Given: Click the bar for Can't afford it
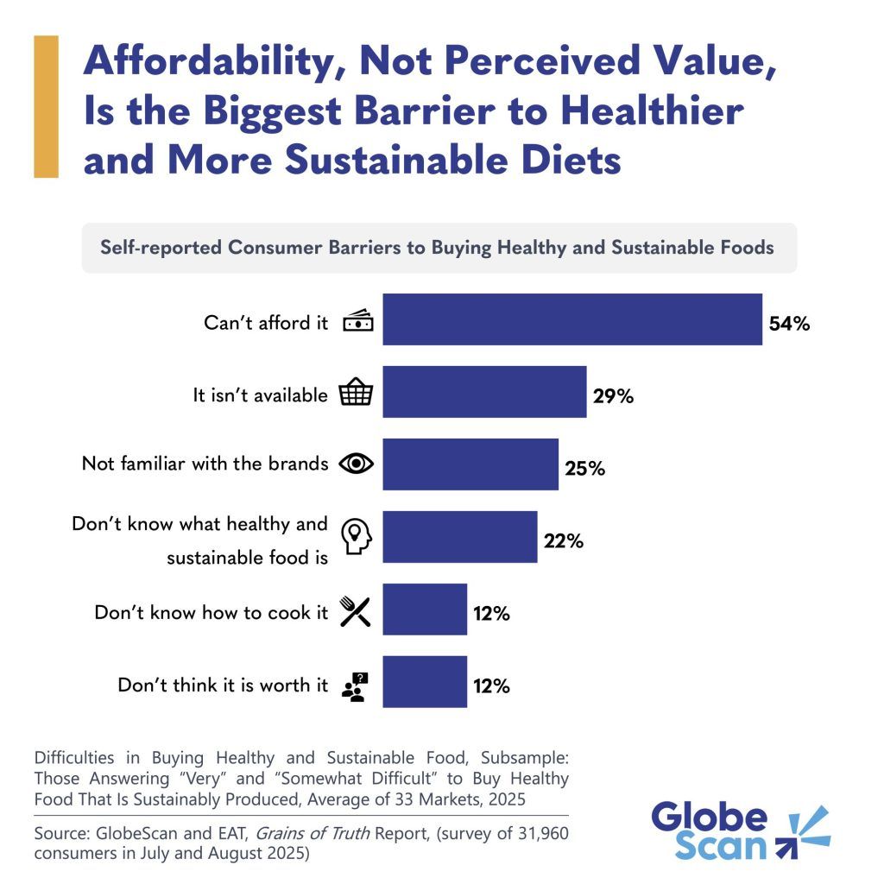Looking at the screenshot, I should (572, 319).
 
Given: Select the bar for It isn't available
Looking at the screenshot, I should (484, 392).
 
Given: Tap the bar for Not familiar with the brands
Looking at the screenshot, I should (470, 464).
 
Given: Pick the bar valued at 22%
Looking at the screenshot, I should (459, 537).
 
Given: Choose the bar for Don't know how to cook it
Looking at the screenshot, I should (425, 609).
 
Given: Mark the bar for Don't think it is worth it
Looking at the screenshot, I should (425, 682).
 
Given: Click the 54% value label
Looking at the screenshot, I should (789, 325).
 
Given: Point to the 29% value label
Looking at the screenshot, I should (614, 397).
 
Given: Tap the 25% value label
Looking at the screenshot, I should (585, 470).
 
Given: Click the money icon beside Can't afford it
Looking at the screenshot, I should (358, 322).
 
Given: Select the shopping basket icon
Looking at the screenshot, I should (357, 394).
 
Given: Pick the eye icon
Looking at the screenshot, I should (357, 464).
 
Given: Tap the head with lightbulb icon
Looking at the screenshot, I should (357, 537).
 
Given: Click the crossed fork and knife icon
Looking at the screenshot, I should (356, 611).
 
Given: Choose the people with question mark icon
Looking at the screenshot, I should (356, 685).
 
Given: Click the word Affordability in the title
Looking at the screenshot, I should (213, 62).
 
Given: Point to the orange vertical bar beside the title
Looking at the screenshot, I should (46, 107).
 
